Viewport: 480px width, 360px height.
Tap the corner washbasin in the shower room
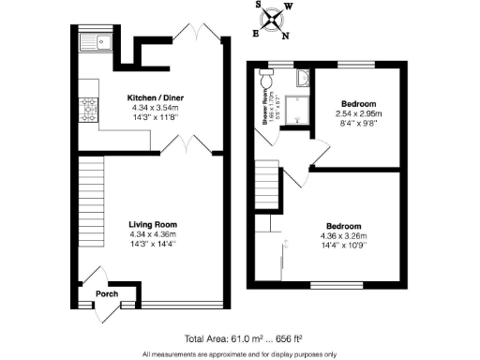click(x=301, y=79)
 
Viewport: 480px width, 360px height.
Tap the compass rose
click(x=272, y=18)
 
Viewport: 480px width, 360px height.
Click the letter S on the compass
click(x=260, y=6)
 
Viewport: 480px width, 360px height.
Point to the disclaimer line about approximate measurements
click(x=240, y=353)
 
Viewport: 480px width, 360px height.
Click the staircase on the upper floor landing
click(x=268, y=179)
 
